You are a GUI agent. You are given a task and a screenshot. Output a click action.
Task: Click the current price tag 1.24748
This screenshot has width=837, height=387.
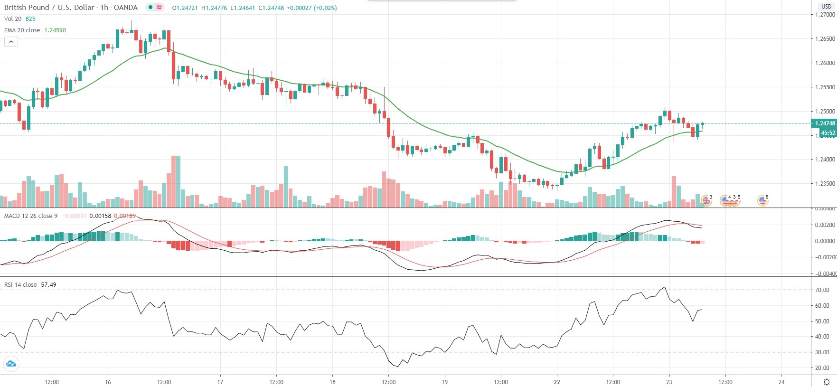click(x=825, y=123)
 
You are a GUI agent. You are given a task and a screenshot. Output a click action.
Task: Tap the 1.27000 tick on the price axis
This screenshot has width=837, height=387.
click(x=825, y=15)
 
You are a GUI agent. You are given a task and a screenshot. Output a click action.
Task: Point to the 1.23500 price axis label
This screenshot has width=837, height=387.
click(x=825, y=184)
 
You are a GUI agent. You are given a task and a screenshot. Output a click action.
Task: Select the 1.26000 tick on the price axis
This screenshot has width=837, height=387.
click(x=825, y=63)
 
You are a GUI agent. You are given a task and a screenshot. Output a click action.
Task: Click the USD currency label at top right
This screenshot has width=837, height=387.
click(x=826, y=7)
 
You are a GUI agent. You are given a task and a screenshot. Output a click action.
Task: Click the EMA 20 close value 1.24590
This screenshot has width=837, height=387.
click(x=55, y=30)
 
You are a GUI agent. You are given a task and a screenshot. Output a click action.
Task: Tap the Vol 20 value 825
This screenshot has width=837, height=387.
click(x=30, y=19)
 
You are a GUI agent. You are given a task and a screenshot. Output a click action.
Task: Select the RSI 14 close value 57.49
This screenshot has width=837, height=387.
click(x=48, y=285)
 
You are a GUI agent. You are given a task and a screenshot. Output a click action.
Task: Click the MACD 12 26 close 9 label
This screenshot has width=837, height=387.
click(x=31, y=216)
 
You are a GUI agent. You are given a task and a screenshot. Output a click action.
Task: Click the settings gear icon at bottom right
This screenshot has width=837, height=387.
click(x=827, y=382)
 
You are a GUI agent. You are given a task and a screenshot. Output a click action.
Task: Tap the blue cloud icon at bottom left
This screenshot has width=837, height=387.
click(x=11, y=364)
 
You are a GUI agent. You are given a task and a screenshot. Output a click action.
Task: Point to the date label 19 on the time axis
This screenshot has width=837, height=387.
click(x=444, y=382)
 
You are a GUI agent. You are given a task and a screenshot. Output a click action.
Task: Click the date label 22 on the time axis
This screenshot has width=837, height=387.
click(x=557, y=382)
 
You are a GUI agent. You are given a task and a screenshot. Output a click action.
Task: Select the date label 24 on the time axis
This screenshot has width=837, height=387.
click(x=781, y=382)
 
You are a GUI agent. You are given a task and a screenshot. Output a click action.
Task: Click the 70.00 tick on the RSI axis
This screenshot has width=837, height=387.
click(x=822, y=290)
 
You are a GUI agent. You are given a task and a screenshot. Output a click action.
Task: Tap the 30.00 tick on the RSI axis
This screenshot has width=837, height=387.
click(x=822, y=352)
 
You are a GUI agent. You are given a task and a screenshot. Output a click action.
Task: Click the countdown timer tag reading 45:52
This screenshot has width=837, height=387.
click(x=828, y=133)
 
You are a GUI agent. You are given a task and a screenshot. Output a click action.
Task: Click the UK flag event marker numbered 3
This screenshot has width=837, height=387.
click(x=706, y=201)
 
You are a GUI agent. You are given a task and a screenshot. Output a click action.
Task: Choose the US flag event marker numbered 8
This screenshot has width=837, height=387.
click(x=762, y=201)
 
